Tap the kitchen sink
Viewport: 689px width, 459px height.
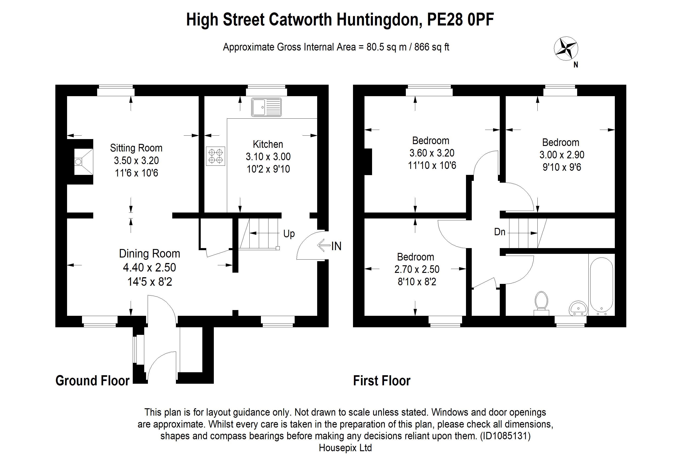tap(266, 107)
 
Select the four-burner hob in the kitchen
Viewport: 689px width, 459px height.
tap(215, 156)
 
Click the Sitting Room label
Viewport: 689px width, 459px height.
tap(136, 148)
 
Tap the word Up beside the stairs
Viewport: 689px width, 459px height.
tap(289, 234)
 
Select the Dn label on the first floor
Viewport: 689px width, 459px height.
tap(500, 232)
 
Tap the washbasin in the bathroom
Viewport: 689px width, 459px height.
tap(578, 308)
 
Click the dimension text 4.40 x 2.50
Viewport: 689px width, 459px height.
tap(150, 267)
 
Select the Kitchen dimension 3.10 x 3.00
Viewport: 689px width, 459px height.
tap(268, 157)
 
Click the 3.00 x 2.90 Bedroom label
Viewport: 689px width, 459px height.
tap(562, 154)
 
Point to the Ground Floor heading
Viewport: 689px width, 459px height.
tap(92, 381)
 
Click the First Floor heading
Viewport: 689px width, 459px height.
tap(381, 381)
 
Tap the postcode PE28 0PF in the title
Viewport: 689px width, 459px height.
tap(460, 20)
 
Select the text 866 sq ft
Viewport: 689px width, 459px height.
tap(432, 47)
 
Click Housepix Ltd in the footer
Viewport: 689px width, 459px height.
tap(345, 448)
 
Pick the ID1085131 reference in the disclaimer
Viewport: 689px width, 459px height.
tap(505, 436)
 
